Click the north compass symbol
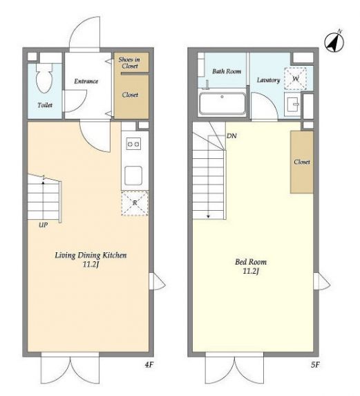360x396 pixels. pyautogui.click(x=334, y=41)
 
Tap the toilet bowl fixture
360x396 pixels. pyautogui.click(x=44, y=78)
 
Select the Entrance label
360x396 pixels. pyautogui.click(x=86, y=81)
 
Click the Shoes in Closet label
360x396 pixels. pyautogui.click(x=129, y=63)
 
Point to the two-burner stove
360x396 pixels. pyautogui.click(x=133, y=144)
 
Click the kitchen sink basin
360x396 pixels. pyautogui.click(x=133, y=176)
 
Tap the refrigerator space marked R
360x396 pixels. pyautogui.click(x=135, y=203)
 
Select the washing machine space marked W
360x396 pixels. pyautogui.click(x=295, y=79)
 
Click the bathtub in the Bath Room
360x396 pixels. pyautogui.click(x=222, y=104)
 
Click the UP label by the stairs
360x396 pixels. pyautogui.click(x=43, y=225)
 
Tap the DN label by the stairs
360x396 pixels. pyautogui.click(x=231, y=136)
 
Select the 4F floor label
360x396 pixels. pyautogui.click(x=149, y=364)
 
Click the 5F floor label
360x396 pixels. pyautogui.click(x=315, y=365)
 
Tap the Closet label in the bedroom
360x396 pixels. pyautogui.click(x=302, y=162)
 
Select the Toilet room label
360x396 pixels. pyautogui.click(x=45, y=105)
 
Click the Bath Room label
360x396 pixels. pyautogui.click(x=227, y=71)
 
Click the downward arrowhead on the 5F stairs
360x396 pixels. pyautogui.click(x=208, y=216)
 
